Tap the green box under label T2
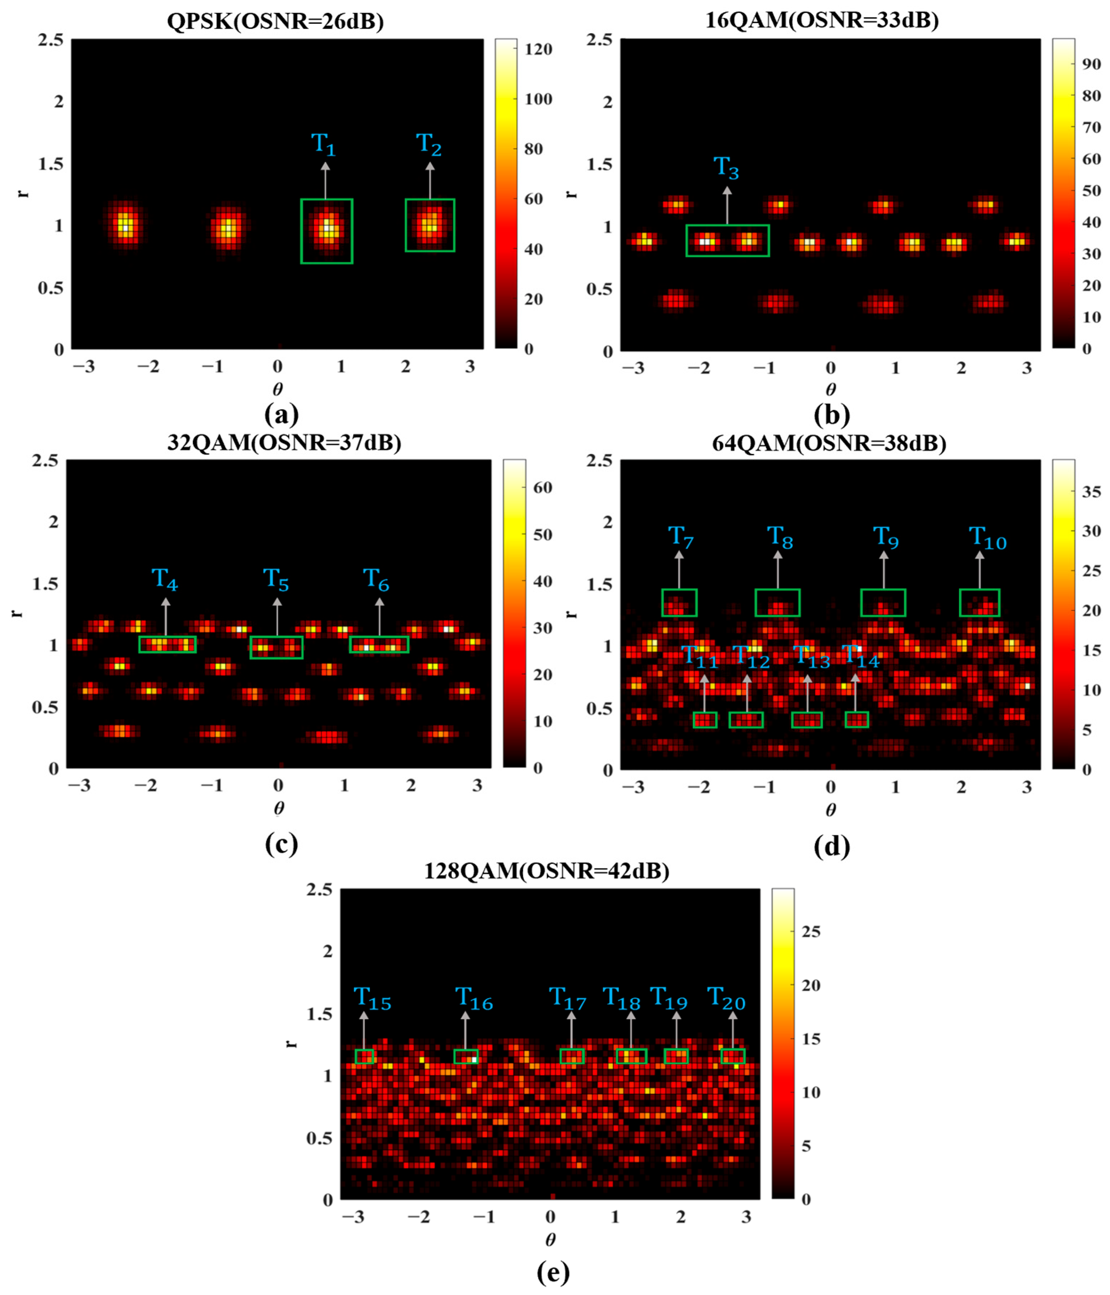pyautogui.click(x=430, y=226)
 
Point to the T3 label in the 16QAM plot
pyautogui.click(x=726, y=168)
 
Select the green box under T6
pyautogui.click(x=379, y=644)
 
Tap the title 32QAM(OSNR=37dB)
pyautogui.click(x=284, y=442)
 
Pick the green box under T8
pyautogui.click(x=777, y=603)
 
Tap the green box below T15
pyautogui.click(x=364, y=1056)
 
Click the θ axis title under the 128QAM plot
pyautogui.click(x=550, y=1239)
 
